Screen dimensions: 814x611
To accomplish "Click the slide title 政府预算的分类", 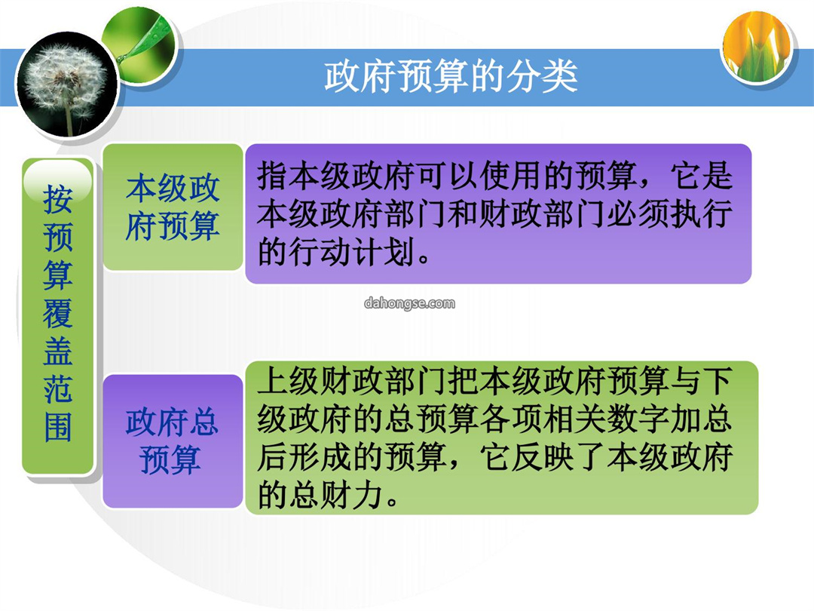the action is point(451,76).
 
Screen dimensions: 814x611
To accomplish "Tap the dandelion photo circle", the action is point(66,84).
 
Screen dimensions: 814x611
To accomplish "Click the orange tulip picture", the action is point(757,48).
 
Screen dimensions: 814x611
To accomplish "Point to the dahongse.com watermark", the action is point(409,303).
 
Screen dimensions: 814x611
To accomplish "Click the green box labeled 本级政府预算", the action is point(173,207).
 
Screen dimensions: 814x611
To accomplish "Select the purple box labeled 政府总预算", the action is point(173,441).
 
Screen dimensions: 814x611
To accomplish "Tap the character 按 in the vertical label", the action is point(57,198).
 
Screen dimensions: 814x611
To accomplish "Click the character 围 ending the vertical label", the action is point(57,427).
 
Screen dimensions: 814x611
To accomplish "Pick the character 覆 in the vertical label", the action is point(57,313).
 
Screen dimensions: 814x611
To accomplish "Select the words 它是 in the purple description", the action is point(702,176).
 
